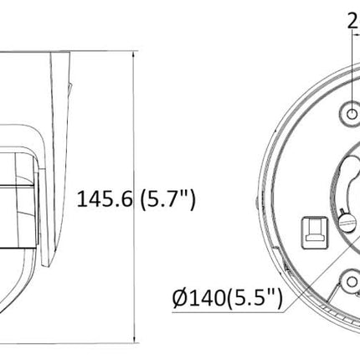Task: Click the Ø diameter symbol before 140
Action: coord(178,296)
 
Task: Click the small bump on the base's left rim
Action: coord(255,202)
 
